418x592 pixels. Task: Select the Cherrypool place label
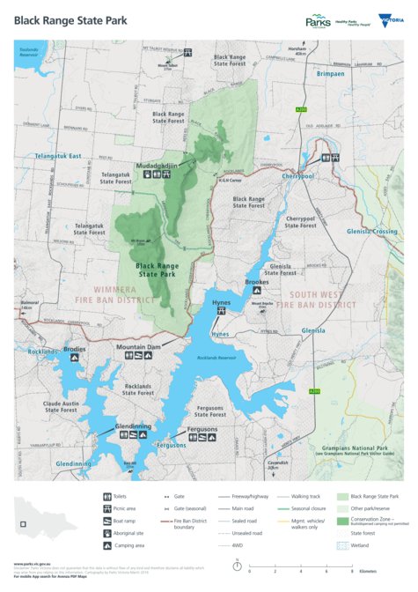coord(298,175)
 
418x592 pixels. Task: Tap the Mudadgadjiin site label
coord(157,165)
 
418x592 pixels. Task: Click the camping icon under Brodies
coord(74,359)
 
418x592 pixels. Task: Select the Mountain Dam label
coord(139,347)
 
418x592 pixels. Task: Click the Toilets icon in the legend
coord(106,496)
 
